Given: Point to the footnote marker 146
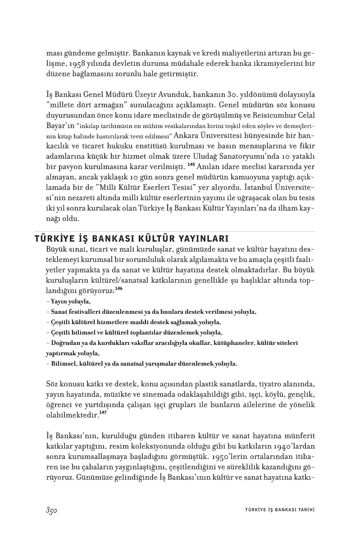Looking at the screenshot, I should [118, 288].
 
